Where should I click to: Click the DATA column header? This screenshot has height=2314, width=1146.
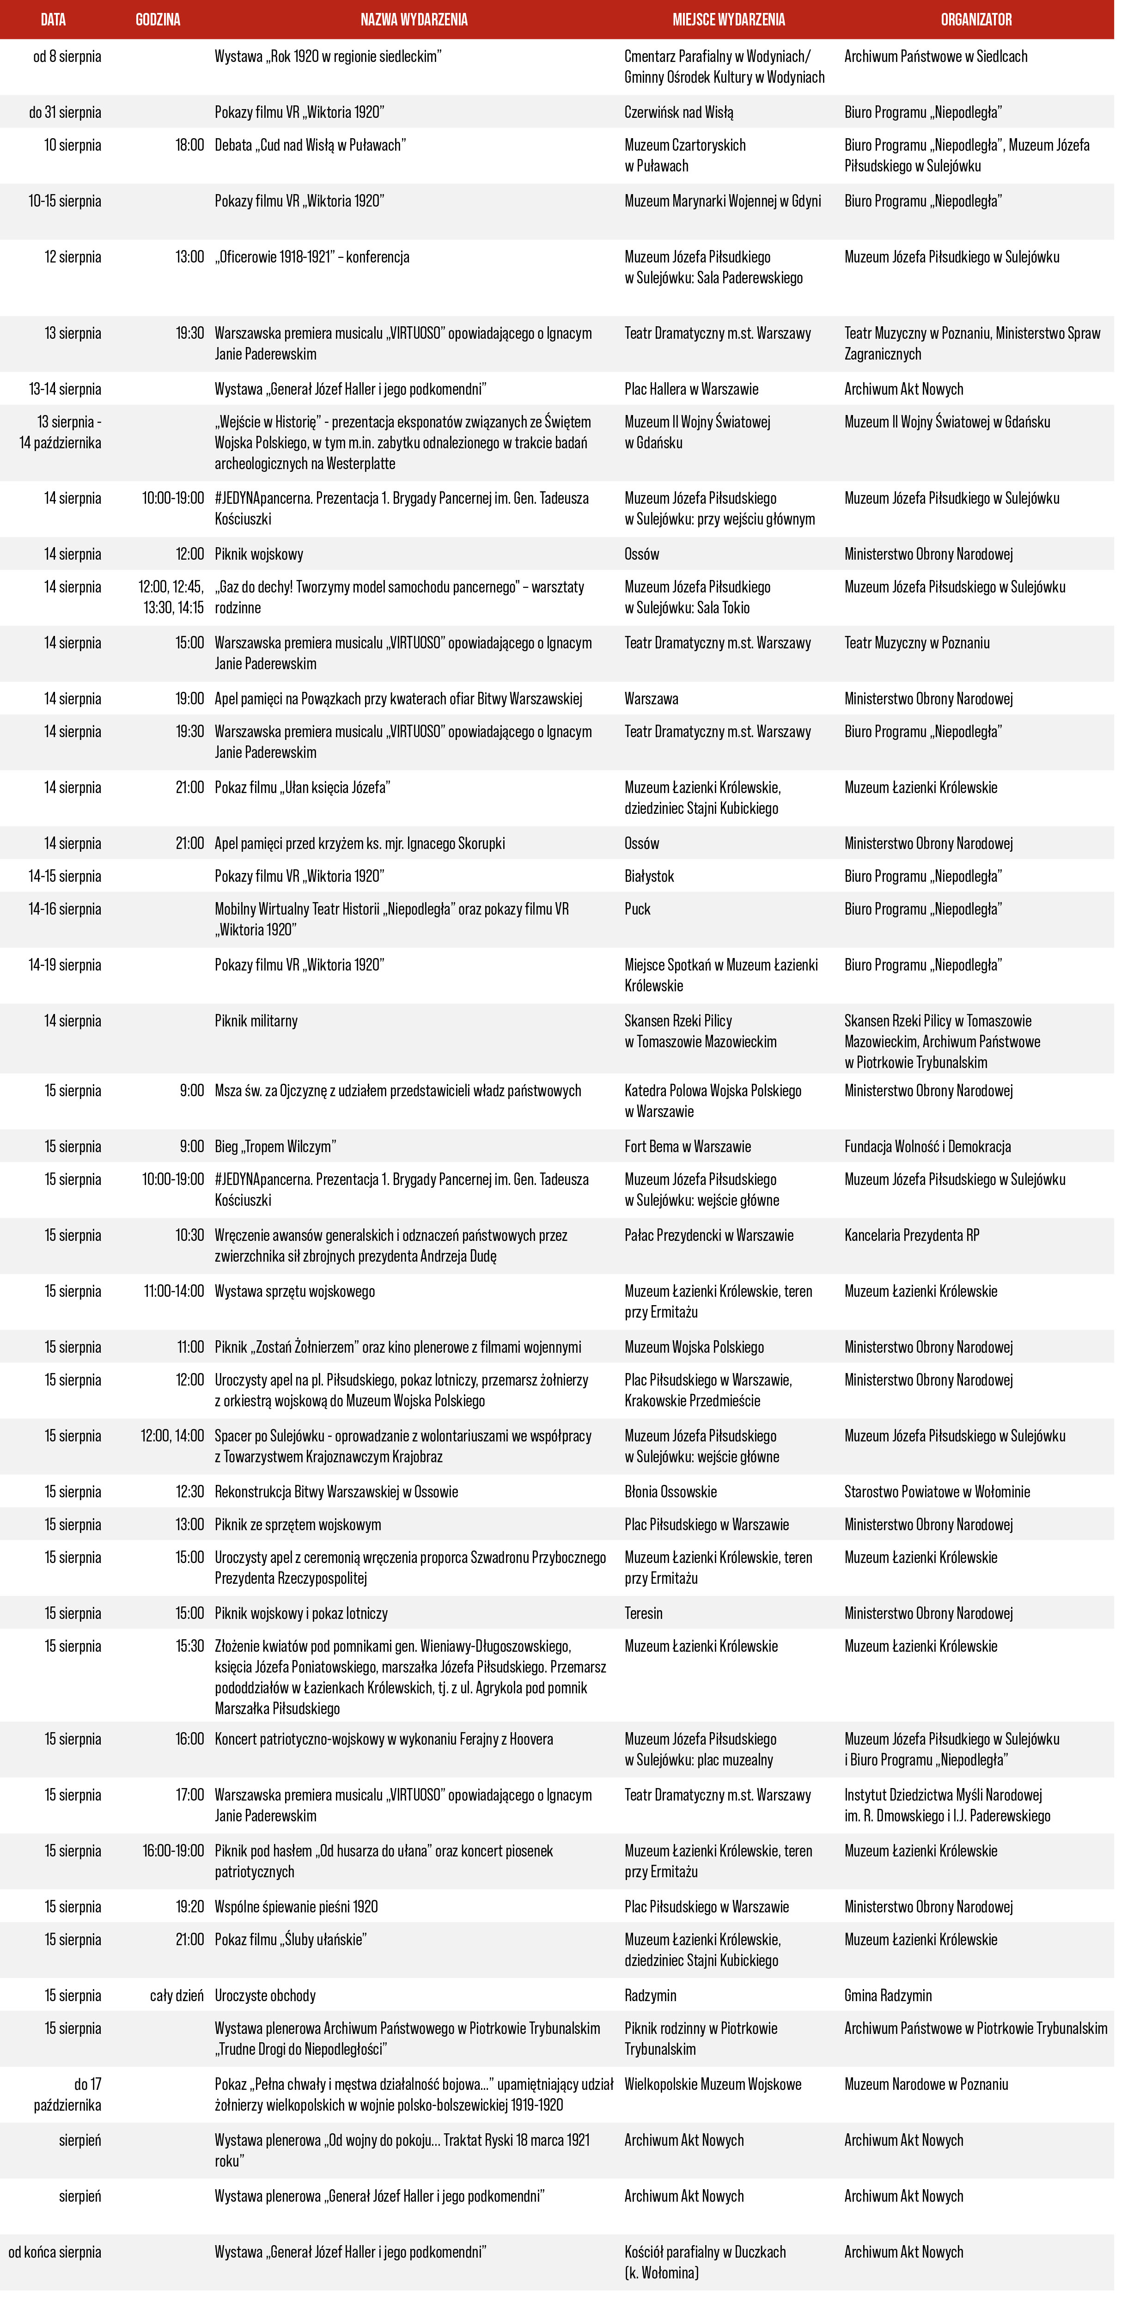pyautogui.click(x=53, y=19)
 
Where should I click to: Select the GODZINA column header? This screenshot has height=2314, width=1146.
pyautogui.click(x=158, y=19)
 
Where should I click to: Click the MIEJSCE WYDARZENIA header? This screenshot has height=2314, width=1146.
pyautogui.click(x=728, y=19)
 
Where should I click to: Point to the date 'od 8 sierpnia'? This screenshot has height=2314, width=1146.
pyautogui.click(x=67, y=56)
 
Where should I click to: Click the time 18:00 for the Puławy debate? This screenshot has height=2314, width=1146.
pyautogui.click(x=189, y=145)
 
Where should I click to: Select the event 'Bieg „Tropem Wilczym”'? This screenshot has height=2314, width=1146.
pyautogui.click(x=275, y=1146)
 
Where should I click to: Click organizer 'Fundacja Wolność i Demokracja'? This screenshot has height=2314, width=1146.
pyautogui.click(x=927, y=1146)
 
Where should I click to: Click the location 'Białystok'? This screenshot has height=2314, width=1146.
pyautogui.click(x=648, y=876)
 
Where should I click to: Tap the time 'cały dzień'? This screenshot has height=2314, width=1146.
pyautogui.click(x=177, y=1995)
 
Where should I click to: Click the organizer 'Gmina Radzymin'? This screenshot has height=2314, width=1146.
pyautogui.click(x=887, y=1995)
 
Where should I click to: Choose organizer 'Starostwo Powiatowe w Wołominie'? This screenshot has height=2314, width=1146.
pyautogui.click(x=937, y=1491)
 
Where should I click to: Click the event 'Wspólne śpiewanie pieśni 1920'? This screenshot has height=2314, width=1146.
pyautogui.click(x=295, y=1906)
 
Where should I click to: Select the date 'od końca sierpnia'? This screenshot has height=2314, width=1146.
pyautogui.click(x=55, y=2251)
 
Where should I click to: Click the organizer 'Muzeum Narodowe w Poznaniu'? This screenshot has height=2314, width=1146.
pyautogui.click(x=926, y=2084)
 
